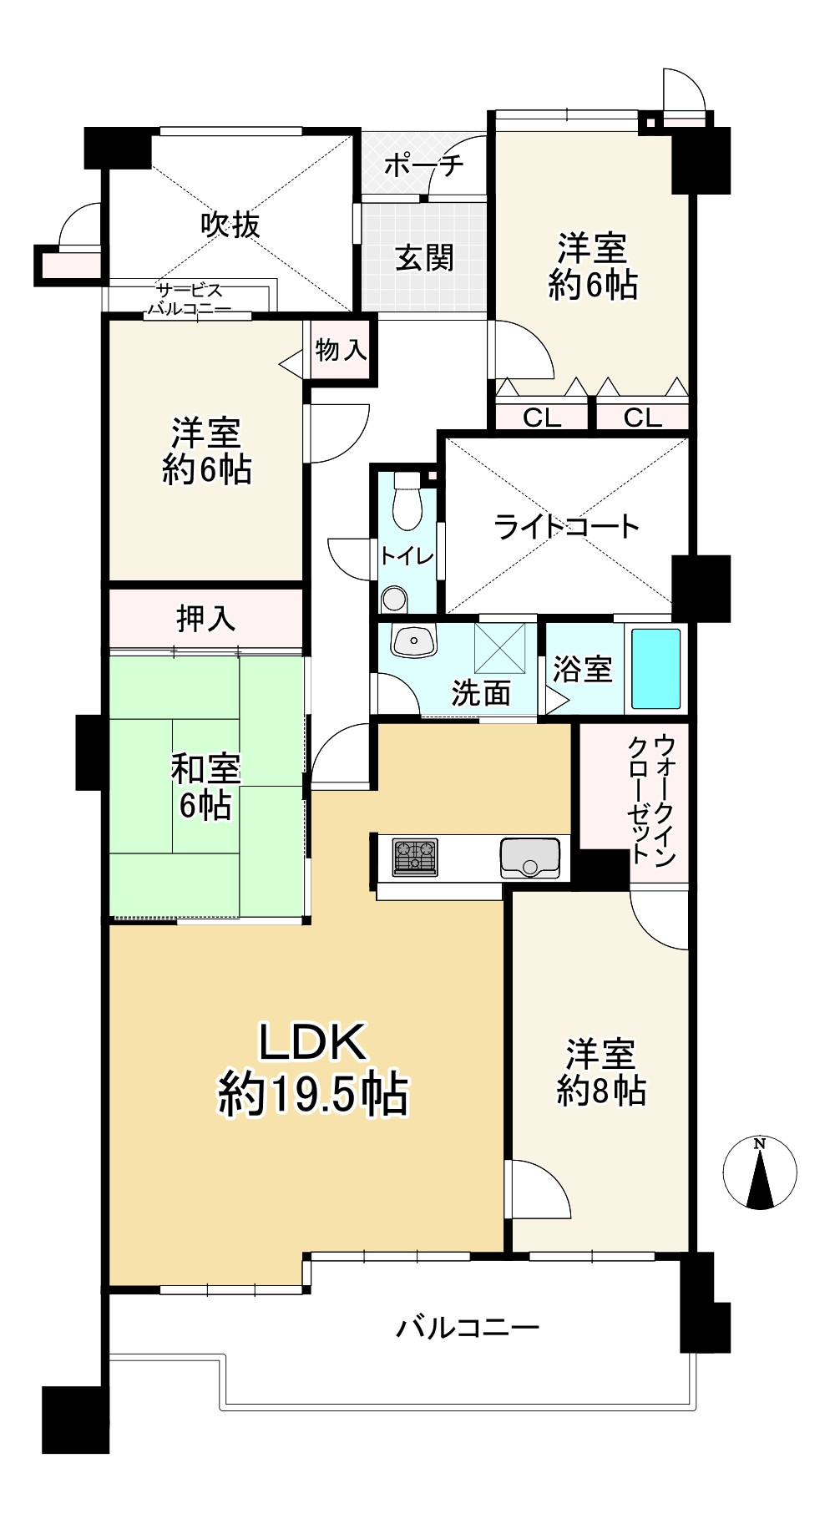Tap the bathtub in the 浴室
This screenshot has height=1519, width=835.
[x=655, y=668]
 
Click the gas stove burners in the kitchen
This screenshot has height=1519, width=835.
[x=414, y=856]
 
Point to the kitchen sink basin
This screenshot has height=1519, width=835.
[x=530, y=857]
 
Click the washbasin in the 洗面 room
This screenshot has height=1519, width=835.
[x=414, y=641]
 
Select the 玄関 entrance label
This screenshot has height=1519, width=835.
[x=424, y=257]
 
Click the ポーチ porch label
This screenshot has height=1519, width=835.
[x=423, y=165]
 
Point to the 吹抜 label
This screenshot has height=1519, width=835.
[x=230, y=224]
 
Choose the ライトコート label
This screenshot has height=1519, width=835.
[x=567, y=526]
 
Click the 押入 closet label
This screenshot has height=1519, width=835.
[x=205, y=618]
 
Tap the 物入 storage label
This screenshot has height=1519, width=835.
[x=341, y=349]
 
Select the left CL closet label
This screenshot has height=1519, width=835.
[x=542, y=417]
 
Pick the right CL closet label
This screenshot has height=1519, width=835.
[x=642, y=417]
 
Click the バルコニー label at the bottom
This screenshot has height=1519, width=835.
[x=468, y=1326]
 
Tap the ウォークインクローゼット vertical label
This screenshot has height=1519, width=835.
[x=653, y=798]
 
